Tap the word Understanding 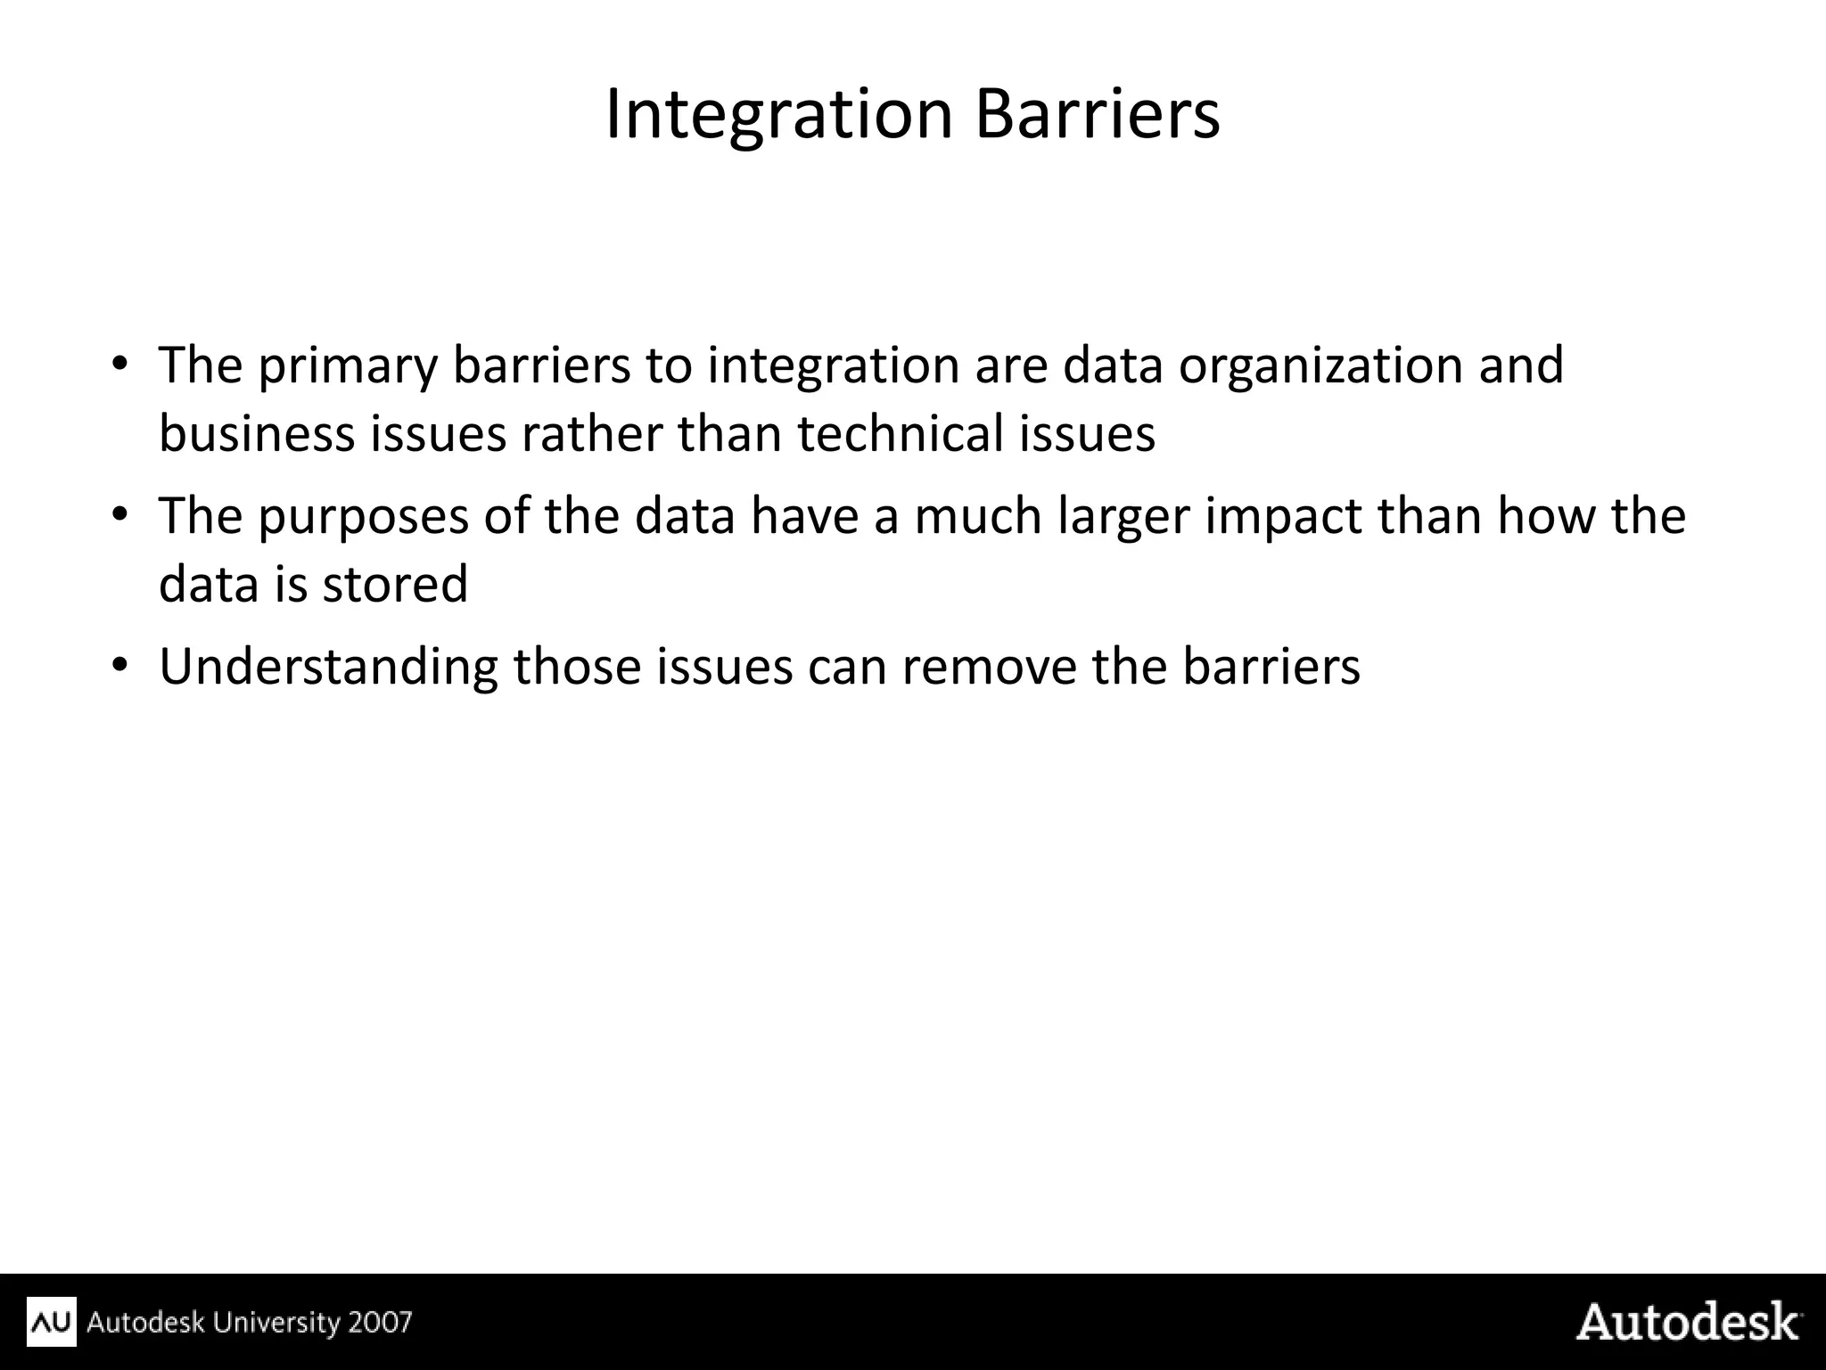tap(328, 667)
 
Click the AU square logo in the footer tap(52, 1322)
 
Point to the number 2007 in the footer tap(381, 1322)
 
